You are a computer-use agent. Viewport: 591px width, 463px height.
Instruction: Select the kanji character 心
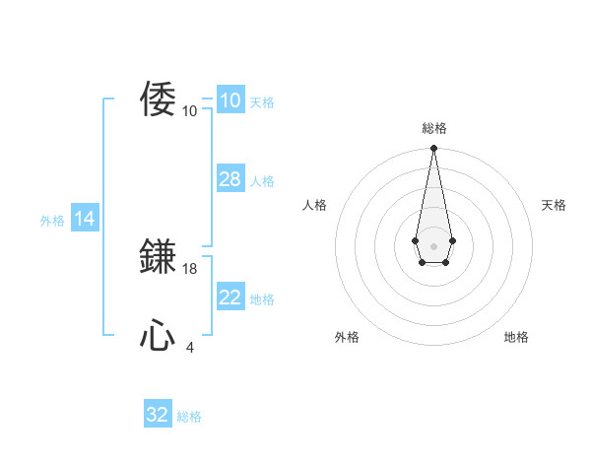[159, 336]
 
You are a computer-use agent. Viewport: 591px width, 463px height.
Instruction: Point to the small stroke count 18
[190, 268]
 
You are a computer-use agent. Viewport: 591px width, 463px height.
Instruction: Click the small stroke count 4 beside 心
[190, 347]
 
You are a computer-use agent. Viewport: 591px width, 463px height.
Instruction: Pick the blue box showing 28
[230, 179]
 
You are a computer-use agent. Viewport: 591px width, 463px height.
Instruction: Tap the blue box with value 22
[230, 298]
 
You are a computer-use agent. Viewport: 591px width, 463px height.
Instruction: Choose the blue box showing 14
[84, 220]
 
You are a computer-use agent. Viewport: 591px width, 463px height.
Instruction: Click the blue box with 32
[157, 415]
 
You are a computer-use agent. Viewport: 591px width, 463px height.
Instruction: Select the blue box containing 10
[230, 100]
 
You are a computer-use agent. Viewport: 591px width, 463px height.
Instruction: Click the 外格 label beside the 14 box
[52, 221]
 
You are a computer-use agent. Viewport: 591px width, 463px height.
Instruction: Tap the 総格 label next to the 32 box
[189, 417]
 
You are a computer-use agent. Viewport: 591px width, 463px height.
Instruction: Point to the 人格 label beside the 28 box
[262, 181]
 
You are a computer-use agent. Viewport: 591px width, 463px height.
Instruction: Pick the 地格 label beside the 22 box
[262, 299]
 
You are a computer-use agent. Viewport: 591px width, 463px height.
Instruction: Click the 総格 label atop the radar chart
[433, 128]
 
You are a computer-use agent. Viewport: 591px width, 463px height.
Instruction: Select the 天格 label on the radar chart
[554, 205]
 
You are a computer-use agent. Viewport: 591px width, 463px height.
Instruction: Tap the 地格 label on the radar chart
[516, 337]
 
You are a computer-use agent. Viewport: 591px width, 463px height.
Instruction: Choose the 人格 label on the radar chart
[315, 205]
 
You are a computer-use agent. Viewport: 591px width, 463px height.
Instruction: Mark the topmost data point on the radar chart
[433, 149]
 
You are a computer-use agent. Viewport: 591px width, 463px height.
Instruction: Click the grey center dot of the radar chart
[433, 244]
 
